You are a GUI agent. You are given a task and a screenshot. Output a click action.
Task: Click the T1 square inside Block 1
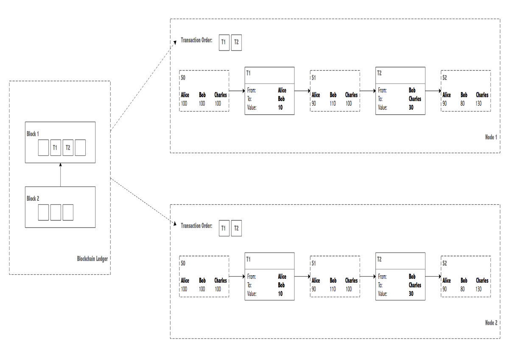(x=56, y=148)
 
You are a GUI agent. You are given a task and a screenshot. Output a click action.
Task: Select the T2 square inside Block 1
(x=68, y=148)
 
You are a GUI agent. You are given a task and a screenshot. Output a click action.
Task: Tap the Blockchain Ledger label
(x=92, y=259)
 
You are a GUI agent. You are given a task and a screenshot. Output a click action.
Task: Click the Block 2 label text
(x=33, y=199)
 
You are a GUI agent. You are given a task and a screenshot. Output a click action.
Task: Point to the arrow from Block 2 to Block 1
(x=60, y=174)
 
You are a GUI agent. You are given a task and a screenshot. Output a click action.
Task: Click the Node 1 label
(x=491, y=137)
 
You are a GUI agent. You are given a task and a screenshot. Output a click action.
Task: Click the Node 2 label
(x=491, y=323)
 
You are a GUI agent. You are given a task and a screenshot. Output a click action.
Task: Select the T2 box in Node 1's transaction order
(x=236, y=42)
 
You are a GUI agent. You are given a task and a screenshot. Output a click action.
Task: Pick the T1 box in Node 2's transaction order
(x=224, y=228)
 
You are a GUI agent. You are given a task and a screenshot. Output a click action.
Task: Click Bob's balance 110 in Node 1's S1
(x=333, y=104)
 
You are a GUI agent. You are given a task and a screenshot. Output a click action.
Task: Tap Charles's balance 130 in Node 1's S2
(x=478, y=104)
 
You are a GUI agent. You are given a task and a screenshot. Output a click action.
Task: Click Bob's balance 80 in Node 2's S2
(x=462, y=289)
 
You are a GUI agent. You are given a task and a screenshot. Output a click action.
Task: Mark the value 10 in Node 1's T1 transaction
(x=280, y=107)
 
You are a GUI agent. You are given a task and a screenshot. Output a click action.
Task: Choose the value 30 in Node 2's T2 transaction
(x=411, y=294)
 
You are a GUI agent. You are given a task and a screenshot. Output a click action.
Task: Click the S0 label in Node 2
(x=183, y=263)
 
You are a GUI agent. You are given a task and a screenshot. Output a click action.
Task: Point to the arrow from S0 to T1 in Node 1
(x=237, y=91)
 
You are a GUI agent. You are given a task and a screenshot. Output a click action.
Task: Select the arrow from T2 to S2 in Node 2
(x=433, y=276)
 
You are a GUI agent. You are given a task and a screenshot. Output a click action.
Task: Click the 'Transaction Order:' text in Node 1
(x=196, y=40)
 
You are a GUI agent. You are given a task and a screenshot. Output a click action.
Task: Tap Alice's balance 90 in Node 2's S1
(x=313, y=289)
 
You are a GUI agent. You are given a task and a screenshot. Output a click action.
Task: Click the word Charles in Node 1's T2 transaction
(x=415, y=99)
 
